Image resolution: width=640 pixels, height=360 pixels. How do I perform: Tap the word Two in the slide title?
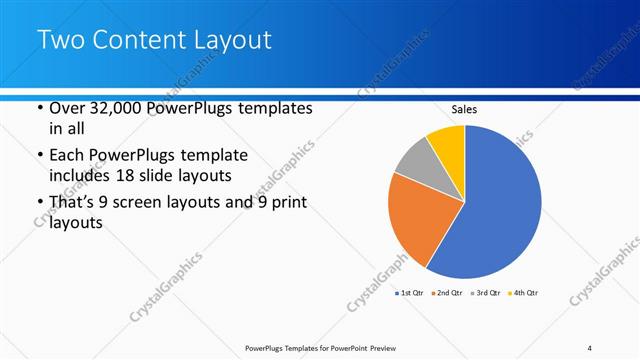click(x=60, y=41)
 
